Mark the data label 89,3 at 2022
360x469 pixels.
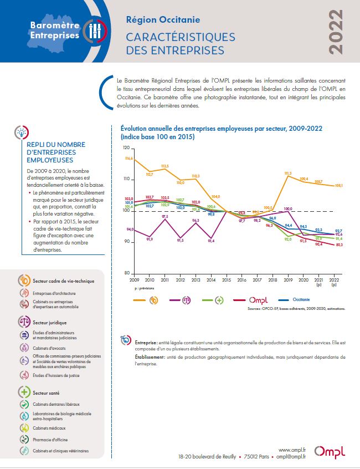(x=339, y=244)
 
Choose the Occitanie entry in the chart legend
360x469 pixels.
(x=301, y=299)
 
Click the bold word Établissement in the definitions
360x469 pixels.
(x=150, y=358)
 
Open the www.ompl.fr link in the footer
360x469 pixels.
(x=293, y=450)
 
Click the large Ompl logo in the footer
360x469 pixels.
(x=328, y=452)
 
